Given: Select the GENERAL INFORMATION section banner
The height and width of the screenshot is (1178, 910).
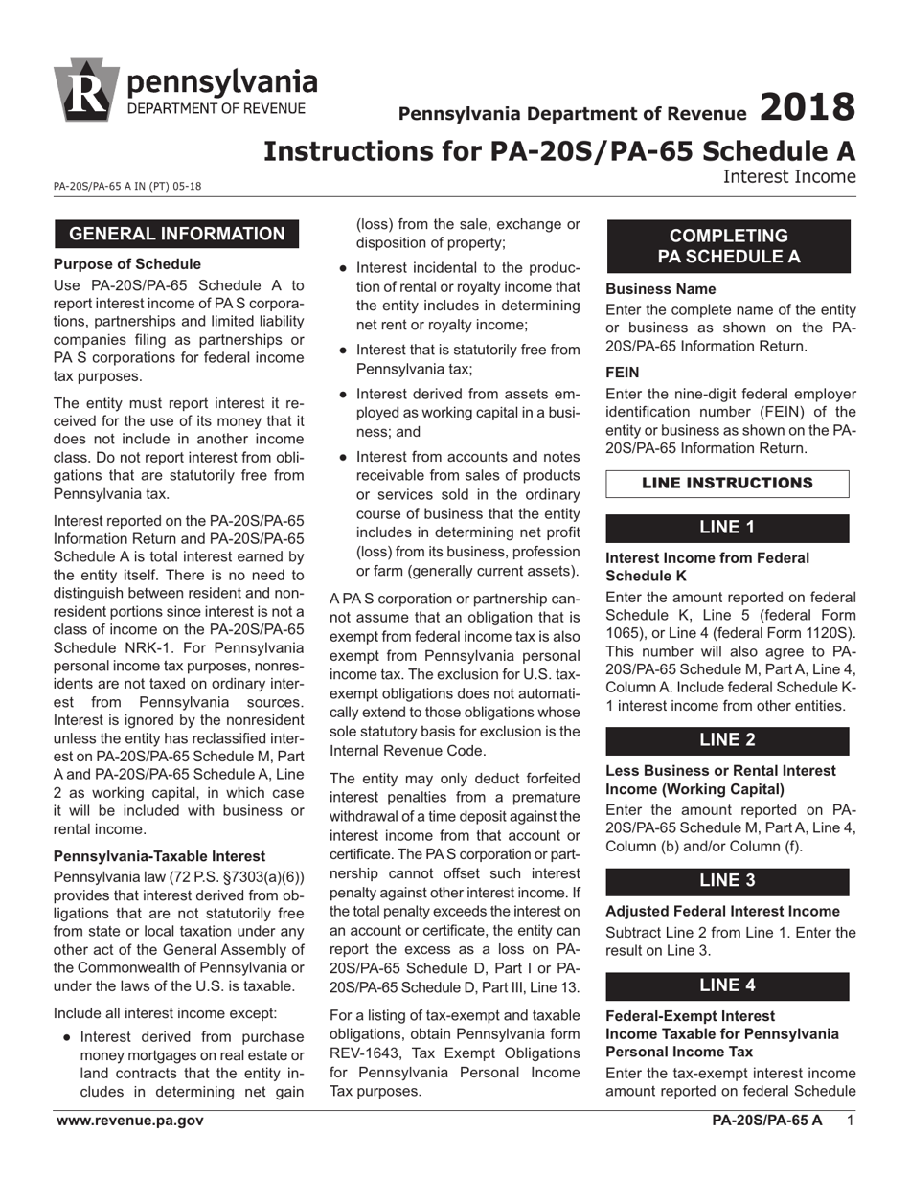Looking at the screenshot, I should click(x=176, y=234).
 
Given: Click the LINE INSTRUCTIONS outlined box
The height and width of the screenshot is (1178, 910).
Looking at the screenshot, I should click(x=727, y=484).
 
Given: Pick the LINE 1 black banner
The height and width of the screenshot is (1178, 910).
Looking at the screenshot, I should click(x=727, y=528).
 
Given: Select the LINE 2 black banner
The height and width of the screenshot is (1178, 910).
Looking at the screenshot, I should click(x=727, y=740).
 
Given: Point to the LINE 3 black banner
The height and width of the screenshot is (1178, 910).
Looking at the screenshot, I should click(x=727, y=881).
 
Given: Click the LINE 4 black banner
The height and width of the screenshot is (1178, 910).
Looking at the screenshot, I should click(x=727, y=985).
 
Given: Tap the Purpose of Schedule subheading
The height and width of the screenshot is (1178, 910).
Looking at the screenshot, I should click(x=127, y=264).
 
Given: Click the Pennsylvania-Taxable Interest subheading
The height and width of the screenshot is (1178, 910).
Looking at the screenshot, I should click(x=159, y=856).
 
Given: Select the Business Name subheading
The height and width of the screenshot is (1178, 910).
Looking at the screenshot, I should click(x=660, y=288).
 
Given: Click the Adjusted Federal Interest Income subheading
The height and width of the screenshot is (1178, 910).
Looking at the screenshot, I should click(x=722, y=911).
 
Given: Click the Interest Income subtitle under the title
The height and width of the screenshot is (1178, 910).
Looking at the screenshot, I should click(x=788, y=176).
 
